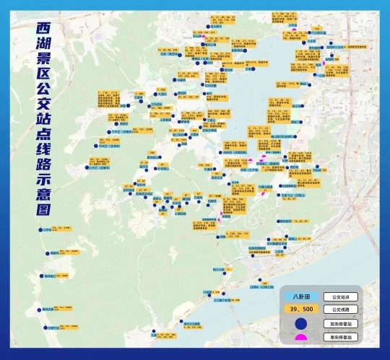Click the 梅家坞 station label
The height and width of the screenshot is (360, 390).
[x=53, y=253]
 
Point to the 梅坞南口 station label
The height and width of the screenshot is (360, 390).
[x=51, y=275]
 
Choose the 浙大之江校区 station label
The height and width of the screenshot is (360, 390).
[x=187, y=323]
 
